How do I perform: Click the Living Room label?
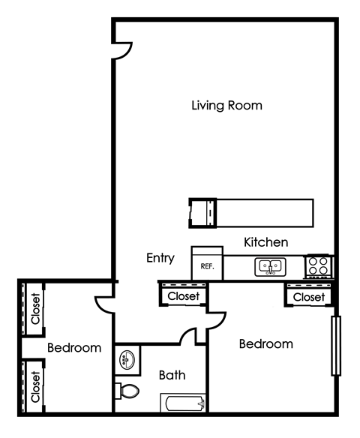click(226, 105)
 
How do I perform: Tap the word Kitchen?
click(266, 242)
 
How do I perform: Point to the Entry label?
click(160, 258)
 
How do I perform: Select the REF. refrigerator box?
click(206, 265)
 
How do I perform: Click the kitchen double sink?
click(270, 265)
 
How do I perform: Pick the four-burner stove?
click(319, 265)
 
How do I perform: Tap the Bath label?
click(172, 375)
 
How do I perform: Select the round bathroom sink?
click(125, 359)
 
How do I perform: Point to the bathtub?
click(183, 404)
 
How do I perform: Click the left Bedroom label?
click(74, 348)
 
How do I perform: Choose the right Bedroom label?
click(265, 344)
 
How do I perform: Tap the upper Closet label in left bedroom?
click(35, 307)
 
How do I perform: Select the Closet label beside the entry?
click(183, 296)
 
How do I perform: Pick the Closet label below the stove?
click(308, 297)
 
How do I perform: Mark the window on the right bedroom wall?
click(336, 346)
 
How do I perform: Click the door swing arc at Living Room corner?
click(122, 50)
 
